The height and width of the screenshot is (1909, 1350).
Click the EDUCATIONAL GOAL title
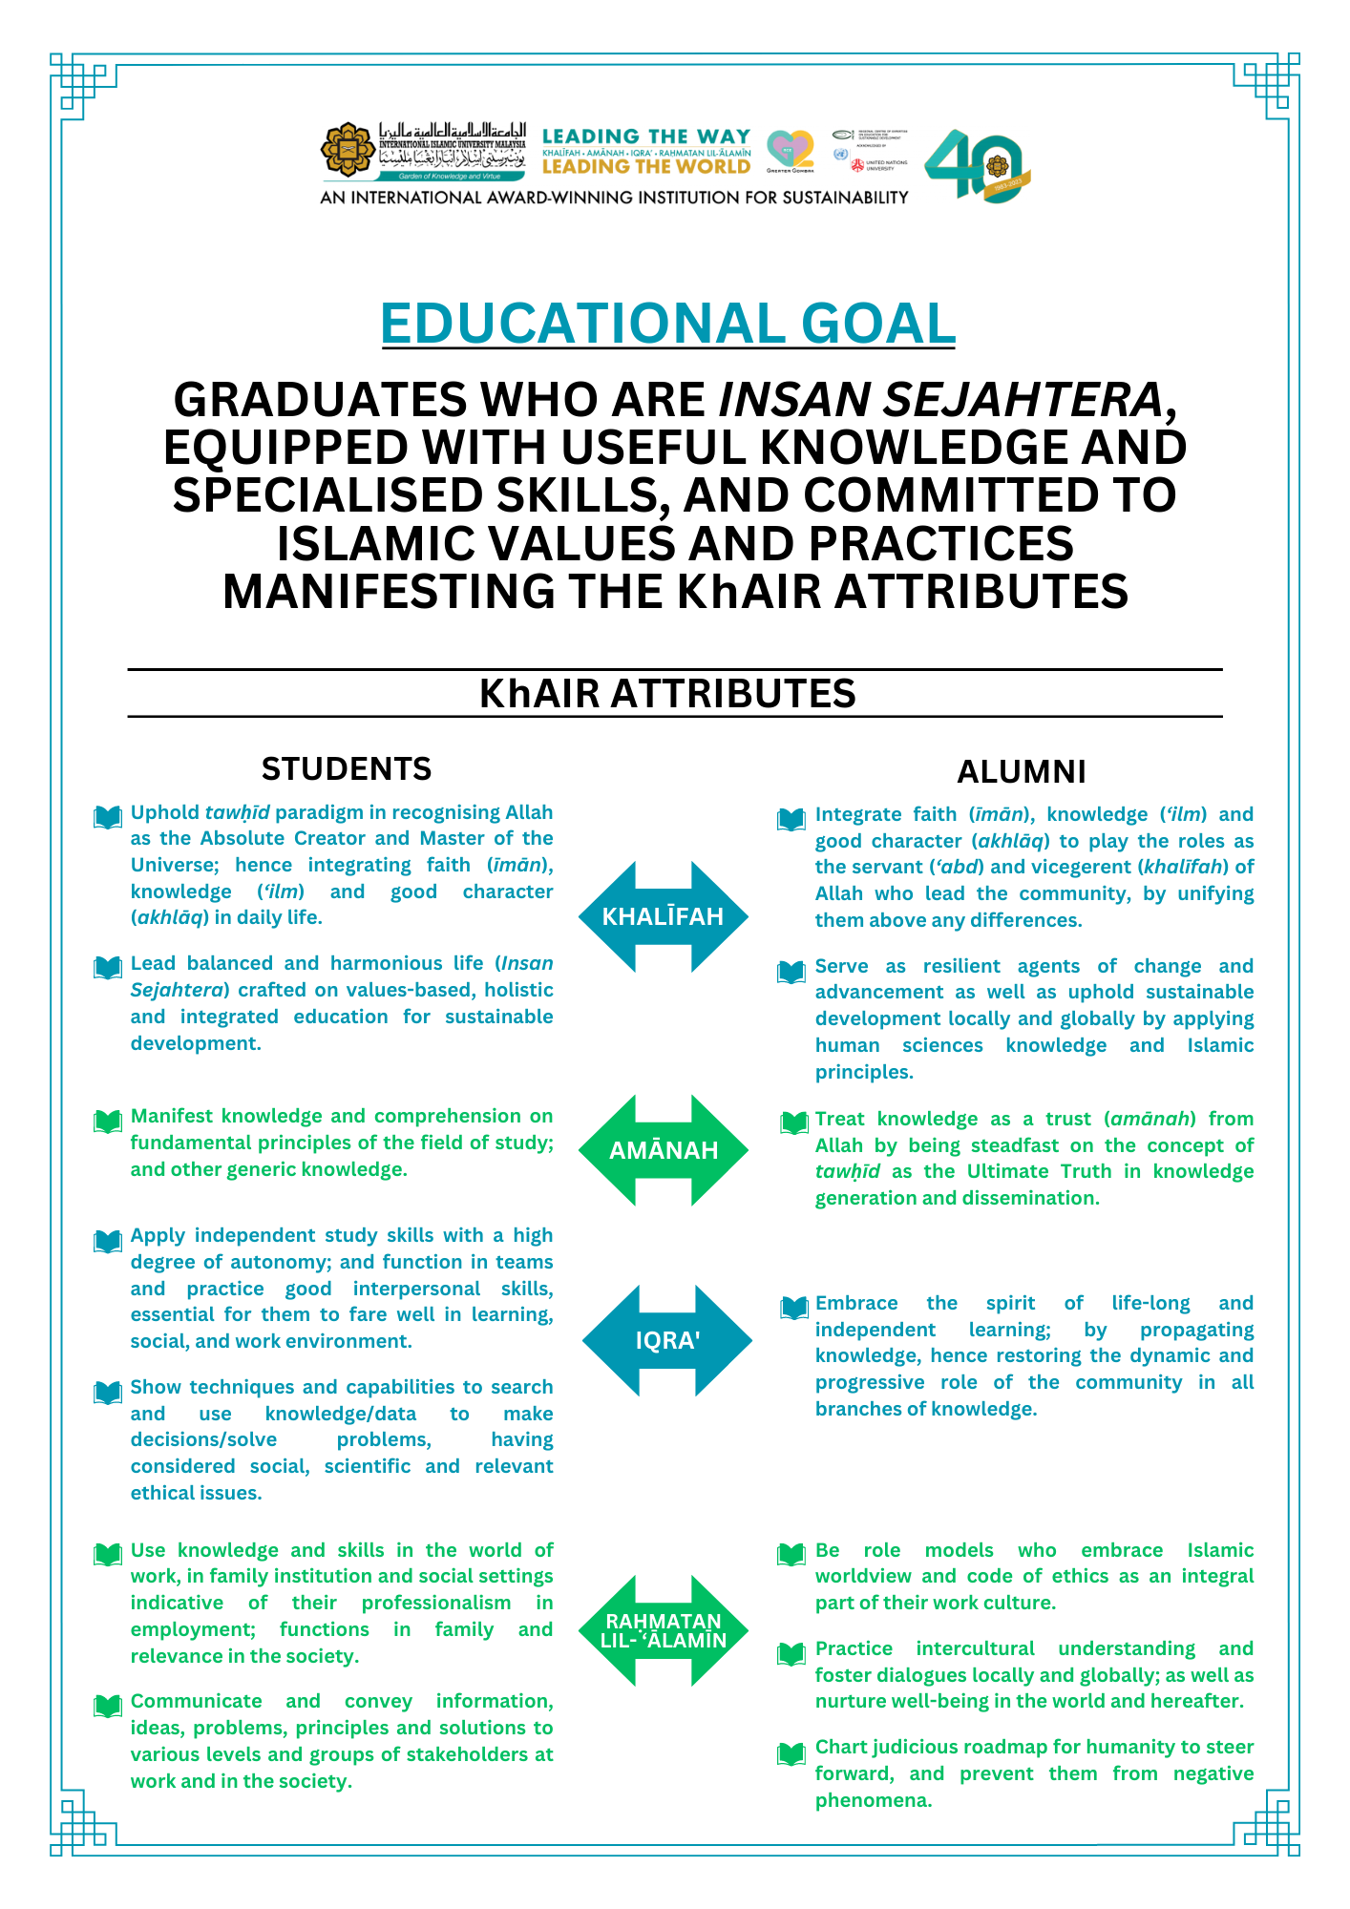coord(667,324)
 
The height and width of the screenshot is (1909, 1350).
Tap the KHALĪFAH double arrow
coord(663,917)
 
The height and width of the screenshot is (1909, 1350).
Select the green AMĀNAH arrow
coord(663,1150)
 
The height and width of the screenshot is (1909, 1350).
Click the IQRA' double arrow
coord(666,1340)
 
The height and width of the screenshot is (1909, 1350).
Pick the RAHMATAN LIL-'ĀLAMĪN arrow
coord(663,1630)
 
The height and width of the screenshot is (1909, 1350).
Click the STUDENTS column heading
coord(347,769)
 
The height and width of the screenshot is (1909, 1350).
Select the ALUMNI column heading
coord(1022,771)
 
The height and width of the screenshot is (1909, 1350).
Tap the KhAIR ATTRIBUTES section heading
coord(667,694)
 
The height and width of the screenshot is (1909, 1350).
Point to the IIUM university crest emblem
coord(348,151)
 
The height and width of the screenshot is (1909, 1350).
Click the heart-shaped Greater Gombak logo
coord(791,150)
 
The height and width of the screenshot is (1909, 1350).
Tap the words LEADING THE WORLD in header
coord(646,167)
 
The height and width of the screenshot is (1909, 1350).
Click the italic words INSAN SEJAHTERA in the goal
coord(940,400)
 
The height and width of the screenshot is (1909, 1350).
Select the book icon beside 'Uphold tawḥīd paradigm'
coord(108,817)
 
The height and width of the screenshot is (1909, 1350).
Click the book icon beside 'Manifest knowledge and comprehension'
coord(108,1121)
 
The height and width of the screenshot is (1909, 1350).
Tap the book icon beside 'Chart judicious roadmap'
coord(791,1753)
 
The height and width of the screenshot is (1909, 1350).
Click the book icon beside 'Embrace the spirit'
coord(793,1308)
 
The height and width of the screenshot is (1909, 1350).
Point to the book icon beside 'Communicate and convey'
coord(108,1706)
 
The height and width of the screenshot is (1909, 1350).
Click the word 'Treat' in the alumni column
coord(839,1119)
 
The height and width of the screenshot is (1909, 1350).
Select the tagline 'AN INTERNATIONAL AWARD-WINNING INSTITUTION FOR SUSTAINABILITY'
coord(614,198)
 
